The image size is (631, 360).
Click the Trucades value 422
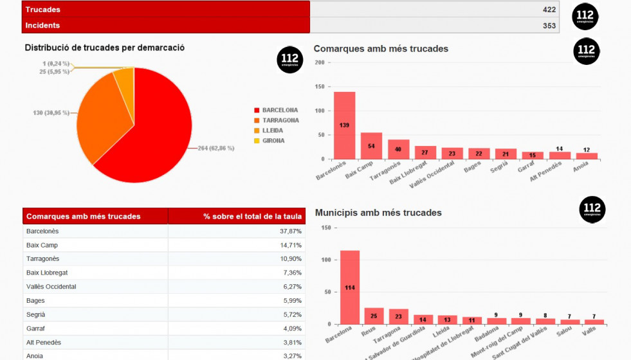pos(549,10)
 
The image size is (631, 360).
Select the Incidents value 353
pos(549,26)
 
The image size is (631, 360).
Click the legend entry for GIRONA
pos(273,141)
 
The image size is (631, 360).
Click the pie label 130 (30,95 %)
pos(51,113)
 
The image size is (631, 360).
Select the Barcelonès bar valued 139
pos(344,125)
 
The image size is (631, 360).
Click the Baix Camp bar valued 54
pos(371,146)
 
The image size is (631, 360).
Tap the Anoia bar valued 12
pos(587,156)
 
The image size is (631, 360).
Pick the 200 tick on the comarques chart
pos(319,62)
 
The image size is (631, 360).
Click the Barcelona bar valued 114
pos(349,287)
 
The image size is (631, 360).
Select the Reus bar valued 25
pos(374,316)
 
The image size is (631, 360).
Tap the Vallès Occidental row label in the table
pos(51,287)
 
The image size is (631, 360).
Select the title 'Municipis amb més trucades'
pos(378,212)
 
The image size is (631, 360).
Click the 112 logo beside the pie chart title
pos(289,60)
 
